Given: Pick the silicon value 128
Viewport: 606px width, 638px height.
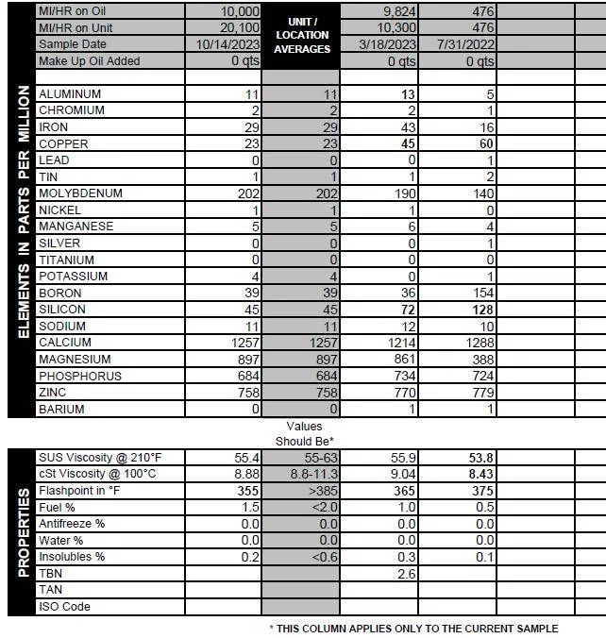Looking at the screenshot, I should (x=480, y=311).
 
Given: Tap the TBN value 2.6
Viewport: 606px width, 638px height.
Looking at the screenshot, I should (x=407, y=574).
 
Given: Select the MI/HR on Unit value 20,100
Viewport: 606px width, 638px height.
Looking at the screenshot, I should (x=231, y=28).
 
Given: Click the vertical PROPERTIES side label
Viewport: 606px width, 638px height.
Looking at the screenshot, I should (x=22, y=532).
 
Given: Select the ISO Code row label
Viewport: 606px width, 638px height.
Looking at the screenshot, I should (x=65, y=607).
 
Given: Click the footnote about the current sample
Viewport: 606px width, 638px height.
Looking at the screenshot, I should (x=413, y=629).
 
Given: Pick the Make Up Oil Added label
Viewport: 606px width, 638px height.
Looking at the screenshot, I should (x=89, y=61).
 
